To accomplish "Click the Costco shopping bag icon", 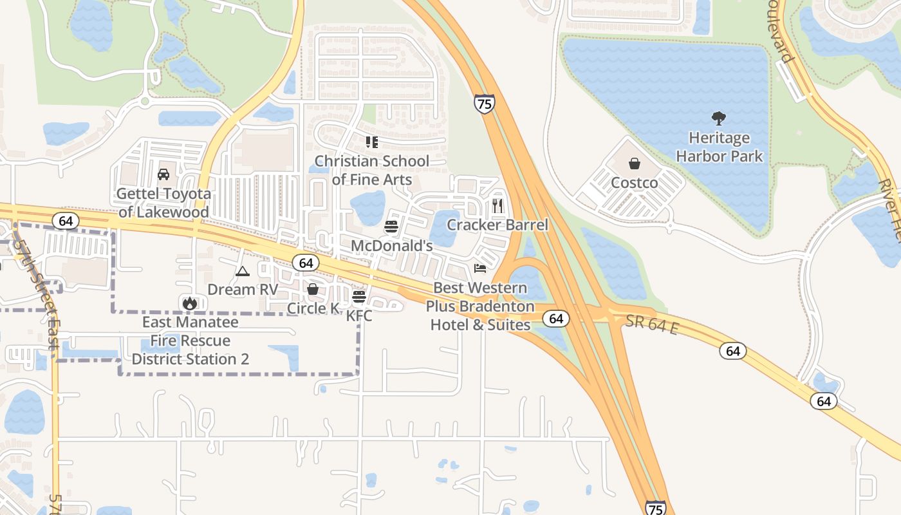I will click(635, 164).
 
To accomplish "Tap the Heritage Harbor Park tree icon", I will click(719, 118).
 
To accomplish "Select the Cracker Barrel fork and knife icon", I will click(497, 206).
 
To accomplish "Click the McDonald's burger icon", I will click(391, 227).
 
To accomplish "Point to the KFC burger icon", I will click(359, 297).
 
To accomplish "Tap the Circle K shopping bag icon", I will click(313, 290).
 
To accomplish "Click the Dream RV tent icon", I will click(242, 271).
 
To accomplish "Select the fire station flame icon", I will click(190, 303).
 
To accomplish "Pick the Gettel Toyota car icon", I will click(163, 174).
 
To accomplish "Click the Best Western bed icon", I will click(479, 268).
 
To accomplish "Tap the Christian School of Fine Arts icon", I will click(371, 142).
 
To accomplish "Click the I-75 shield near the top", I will click(485, 104).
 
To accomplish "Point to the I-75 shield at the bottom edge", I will click(655, 507).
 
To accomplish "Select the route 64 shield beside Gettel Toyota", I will click(65, 221).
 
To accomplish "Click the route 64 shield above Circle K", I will click(306, 263).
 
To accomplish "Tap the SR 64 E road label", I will click(651, 325).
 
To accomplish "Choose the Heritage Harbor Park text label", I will click(719, 147).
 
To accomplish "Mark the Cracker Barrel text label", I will click(497, 225).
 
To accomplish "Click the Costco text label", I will click(635, 183).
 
